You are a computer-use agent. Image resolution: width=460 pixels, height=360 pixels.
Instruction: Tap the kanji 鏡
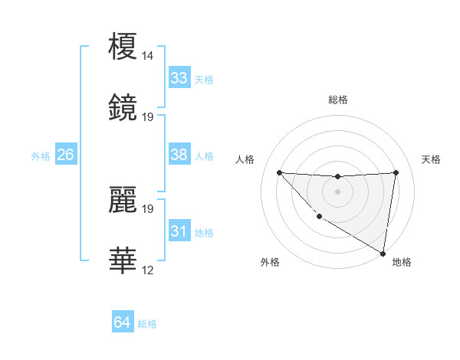(x=123, y=108)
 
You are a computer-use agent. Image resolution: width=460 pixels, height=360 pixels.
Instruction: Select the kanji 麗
(x=123, y=200)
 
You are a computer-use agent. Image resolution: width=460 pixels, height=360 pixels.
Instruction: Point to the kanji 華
(x=123, y=260)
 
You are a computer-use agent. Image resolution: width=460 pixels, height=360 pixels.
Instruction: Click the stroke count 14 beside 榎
(x=148, y=56)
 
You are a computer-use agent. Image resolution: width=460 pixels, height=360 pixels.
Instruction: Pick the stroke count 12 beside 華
(x=148, y=270)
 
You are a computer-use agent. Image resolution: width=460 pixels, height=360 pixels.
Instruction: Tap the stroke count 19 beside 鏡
(x=148, y=117)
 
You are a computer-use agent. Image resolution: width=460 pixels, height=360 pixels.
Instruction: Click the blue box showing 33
(x=179, y=78)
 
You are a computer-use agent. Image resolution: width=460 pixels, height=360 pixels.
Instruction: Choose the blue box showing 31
(x=179, y=231)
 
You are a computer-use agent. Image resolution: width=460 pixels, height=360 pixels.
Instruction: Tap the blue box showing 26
(x=65, y=155)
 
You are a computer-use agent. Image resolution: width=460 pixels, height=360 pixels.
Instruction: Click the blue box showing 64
(x=122, y=323)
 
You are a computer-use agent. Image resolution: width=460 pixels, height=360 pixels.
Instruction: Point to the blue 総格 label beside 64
(x=147, y=324)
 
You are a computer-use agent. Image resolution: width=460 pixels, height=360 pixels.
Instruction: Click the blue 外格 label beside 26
(x=41, y=156)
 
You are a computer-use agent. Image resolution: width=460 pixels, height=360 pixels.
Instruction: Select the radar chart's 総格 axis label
(x=338, y=100)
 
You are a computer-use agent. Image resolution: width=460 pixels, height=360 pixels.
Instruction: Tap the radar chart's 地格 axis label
(x=402, y=262)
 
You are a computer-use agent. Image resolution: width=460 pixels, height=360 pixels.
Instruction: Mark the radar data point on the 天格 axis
(x=396, y=172)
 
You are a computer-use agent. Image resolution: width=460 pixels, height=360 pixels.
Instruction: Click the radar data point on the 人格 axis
(x=279, y=172)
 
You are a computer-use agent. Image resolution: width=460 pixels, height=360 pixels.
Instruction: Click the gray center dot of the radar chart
(x=337, y=191)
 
